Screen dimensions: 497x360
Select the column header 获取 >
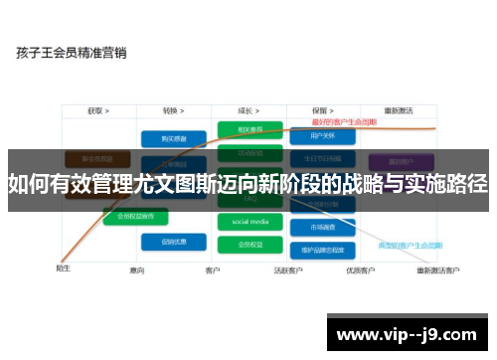click(x=97, y=110)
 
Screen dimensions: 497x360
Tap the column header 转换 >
click(x=175, y=110)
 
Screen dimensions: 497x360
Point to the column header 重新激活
click(x=400, y=110)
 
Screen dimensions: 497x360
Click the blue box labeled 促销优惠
click(x=166, y=241)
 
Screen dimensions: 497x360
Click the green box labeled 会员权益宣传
click(x=137, y=215)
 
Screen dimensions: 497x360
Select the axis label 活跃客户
click(x=288, y=270)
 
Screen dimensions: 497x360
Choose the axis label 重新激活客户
click(x=438, y=270)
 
